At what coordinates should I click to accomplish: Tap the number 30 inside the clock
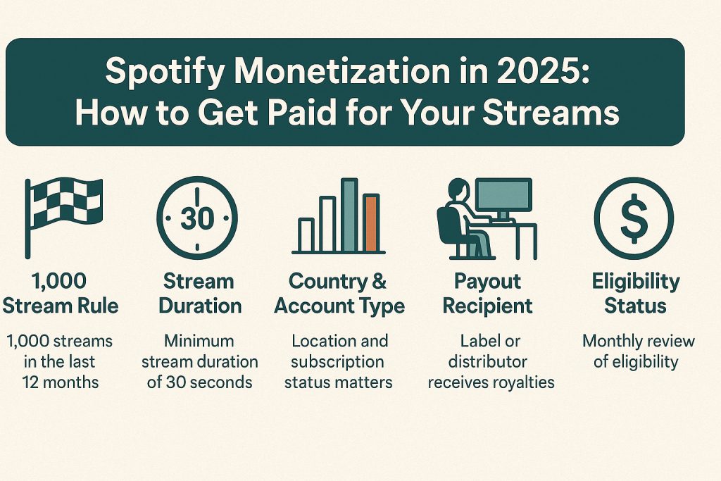click(197, 218)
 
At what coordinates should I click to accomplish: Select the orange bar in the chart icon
click(371, 223)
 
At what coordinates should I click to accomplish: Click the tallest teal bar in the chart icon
click(349, 215)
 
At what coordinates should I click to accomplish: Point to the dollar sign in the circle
click(634, 218)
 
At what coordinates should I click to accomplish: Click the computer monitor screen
click(503, 195)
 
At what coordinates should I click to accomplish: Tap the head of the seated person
click(458, 189)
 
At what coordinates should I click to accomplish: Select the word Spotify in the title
click(165, 73)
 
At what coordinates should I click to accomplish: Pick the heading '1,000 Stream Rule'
click(61, 294)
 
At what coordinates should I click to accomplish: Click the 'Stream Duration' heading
click(200, 294)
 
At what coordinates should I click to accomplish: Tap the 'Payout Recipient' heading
click(487, 294)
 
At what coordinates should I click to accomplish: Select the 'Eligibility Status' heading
click(636, 294)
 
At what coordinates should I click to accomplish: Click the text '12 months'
click(61, 382)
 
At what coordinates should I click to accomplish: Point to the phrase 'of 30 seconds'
click(199, 382)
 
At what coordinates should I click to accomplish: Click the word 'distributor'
click(487, 361)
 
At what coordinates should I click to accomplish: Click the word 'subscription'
click(337, 363)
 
